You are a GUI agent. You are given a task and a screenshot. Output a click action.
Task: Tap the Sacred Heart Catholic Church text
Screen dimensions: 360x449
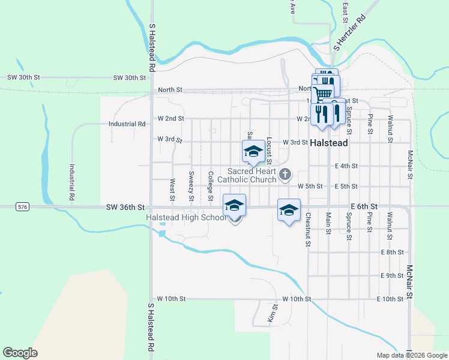click(x=247, y=175)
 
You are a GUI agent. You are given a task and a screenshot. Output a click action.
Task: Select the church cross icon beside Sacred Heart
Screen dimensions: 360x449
click(x=285, y=175)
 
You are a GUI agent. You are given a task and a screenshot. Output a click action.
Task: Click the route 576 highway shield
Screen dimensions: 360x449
click(x=23, y=207)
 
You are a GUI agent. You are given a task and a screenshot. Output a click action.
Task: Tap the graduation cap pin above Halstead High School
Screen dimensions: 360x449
click(x=234, y=206)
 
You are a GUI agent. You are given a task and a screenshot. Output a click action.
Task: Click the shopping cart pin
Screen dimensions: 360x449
click(x=323, y=93)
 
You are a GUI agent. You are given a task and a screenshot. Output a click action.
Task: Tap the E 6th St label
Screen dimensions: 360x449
click(x=364, y=206)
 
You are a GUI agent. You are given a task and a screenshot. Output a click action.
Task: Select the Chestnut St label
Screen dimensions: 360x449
click(x=308, y=230)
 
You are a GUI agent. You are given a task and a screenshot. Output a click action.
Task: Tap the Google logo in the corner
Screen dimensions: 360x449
click(x=20, y=353)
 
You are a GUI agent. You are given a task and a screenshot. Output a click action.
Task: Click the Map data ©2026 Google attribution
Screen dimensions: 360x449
click(x=411, y=355)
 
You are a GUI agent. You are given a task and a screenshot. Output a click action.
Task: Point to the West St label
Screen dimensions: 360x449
click(x=172, y=189)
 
